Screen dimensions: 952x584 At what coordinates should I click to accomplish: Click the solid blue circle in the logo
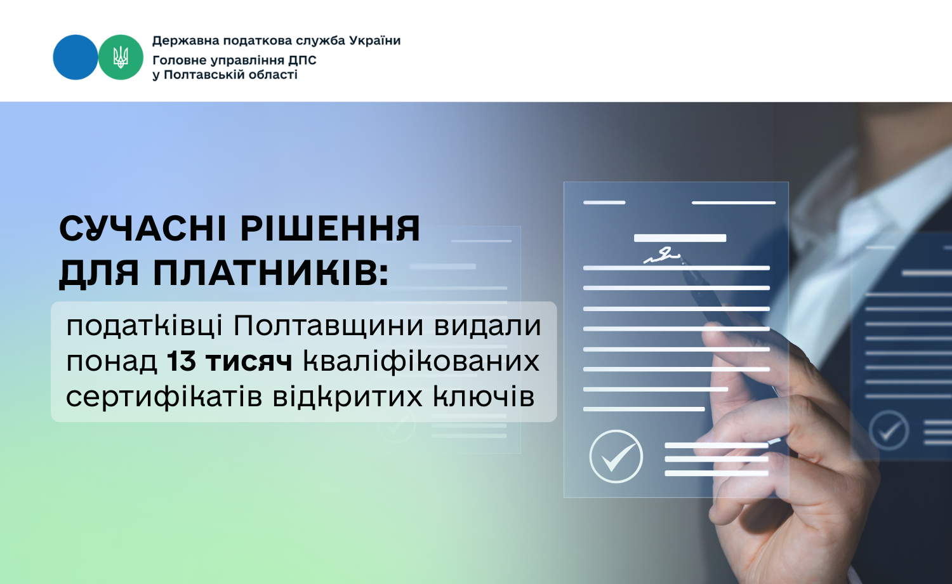[76, 57]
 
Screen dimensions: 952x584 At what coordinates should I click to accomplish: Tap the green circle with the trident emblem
[121, 57]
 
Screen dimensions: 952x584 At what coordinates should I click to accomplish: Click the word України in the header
[375, 41]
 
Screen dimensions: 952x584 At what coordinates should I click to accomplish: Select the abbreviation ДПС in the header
[302, 60]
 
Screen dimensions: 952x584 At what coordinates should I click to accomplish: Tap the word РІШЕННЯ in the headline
[330, 229]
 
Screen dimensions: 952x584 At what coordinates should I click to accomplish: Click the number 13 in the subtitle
[181, 362]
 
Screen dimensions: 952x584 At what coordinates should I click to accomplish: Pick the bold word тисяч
[249, 362]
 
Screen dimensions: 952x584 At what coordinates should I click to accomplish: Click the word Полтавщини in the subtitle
[329, 326]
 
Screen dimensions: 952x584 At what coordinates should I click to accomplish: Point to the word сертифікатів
[164, 397]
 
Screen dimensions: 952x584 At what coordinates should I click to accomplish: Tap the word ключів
[484, 397]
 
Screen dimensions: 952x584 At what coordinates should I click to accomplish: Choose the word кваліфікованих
[421, 362]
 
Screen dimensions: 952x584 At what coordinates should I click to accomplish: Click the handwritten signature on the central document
[662, 255]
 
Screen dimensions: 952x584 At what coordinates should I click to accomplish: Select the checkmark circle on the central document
[616, 456]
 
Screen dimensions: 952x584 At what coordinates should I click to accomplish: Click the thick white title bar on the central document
[680, 238]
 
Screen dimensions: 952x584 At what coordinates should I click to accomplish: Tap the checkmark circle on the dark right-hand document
[889, 430]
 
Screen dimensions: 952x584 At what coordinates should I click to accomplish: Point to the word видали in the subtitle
[487, 326]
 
